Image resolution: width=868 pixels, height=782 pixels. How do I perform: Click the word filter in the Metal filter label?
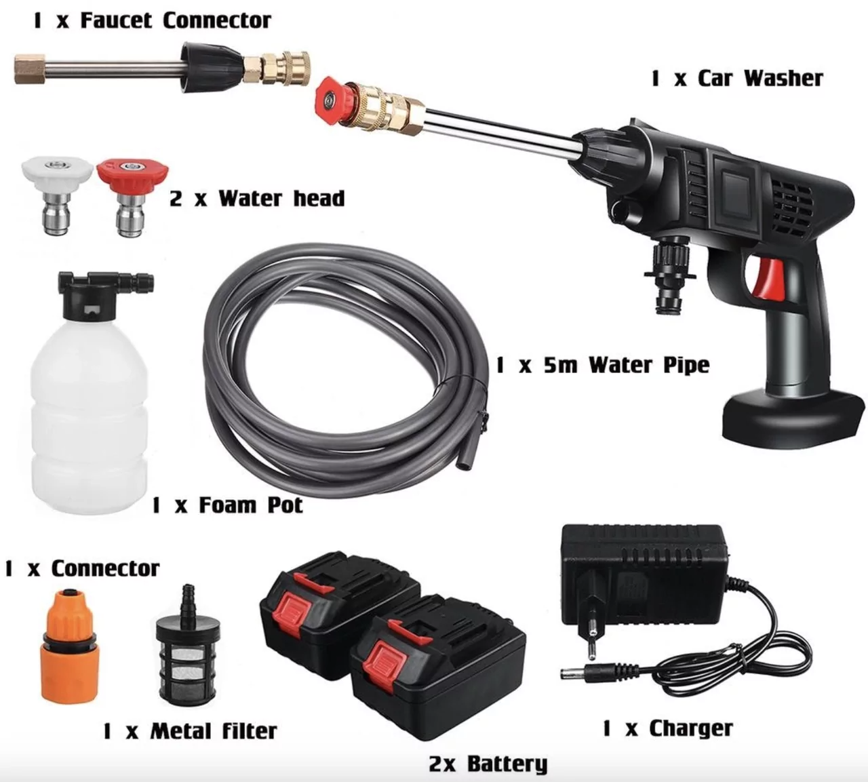click(x=250, y=731)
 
